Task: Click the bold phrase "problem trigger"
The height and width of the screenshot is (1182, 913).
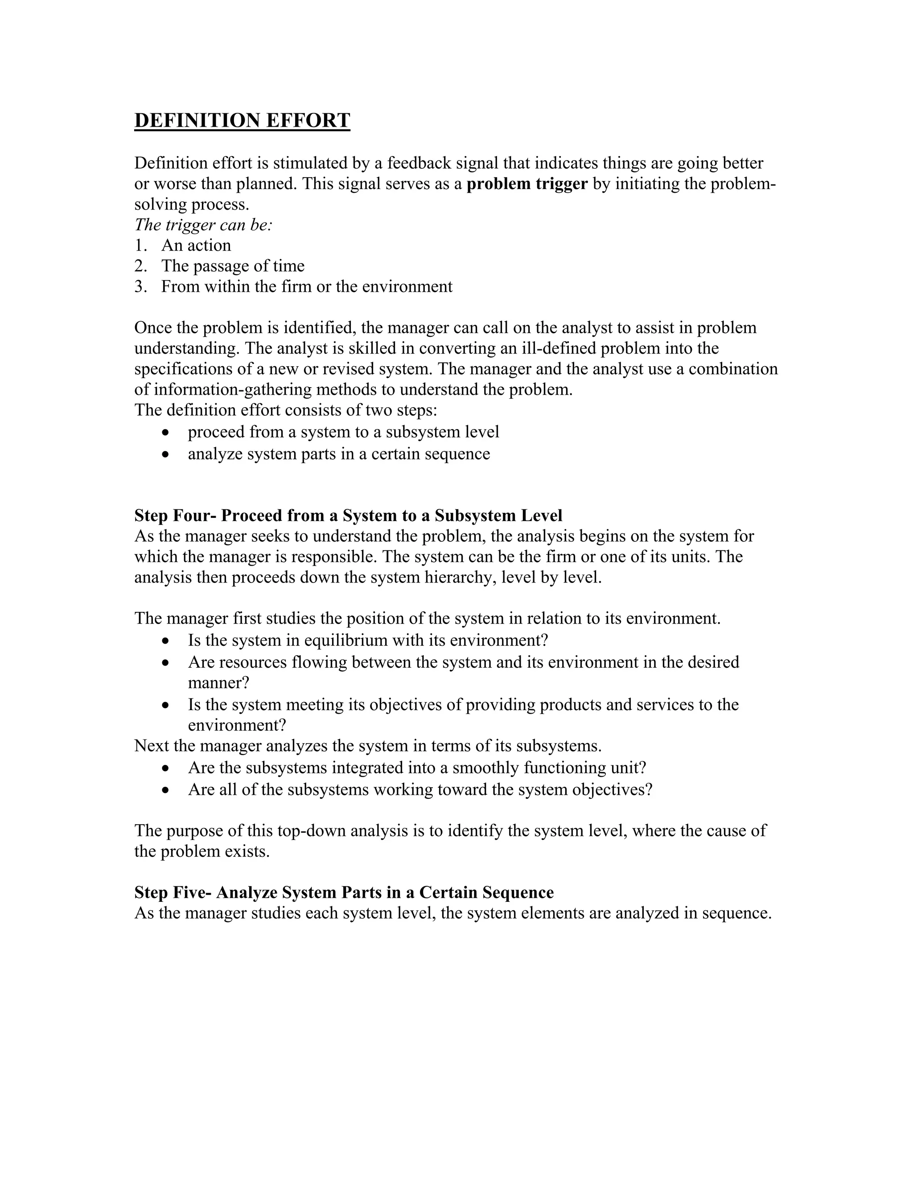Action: [527, 184]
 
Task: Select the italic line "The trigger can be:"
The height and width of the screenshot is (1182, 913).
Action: [203, 225]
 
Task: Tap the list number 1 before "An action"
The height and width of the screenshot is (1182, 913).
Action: [140, 245]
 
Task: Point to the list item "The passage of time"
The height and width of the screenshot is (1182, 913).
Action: [233, 266]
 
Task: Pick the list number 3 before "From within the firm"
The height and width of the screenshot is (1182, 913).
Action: [140, 286]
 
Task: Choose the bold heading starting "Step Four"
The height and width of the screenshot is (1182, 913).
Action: [348, 515]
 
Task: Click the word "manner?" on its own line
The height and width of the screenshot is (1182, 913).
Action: [218, 682]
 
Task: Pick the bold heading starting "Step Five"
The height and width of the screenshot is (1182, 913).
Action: [344, 892]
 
